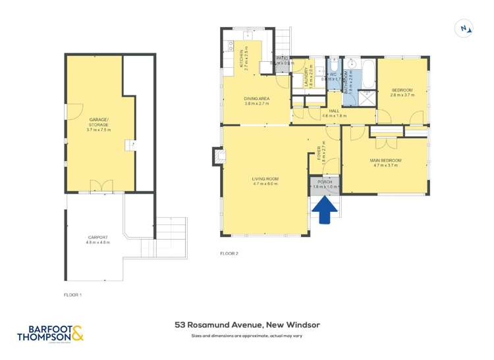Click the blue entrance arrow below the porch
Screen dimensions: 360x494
pyautogui.click(x=324, y=210)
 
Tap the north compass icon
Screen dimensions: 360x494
pyautogui.click(x=465, y=28)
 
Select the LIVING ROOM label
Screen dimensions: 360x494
pyautogui.click(x=265, y=179)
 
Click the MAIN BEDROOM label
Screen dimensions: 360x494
pyautogui.click(x=387, y=161)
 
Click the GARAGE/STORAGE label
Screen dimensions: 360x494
pyautogui.click(x=99, y=121)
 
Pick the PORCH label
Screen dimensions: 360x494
pyautogui.click(x=324, y=182)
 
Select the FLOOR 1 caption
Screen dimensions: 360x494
pyautogui.click(x=72, y=294)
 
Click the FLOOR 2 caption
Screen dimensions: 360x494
pyautogui.click(x=229, y=253)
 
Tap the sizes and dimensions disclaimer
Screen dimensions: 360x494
pyautogui.click(x=247, y=336)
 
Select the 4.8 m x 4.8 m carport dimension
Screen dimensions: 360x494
pyautogui.click(x=98, y=242)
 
